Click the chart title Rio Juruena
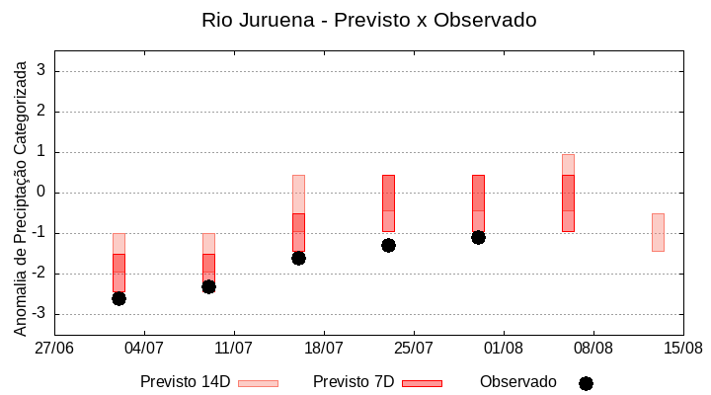coord(368,20)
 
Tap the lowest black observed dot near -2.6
coord(118,298)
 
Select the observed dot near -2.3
coord(208,286)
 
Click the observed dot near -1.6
coord(298,258)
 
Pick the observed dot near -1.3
coord(388,245)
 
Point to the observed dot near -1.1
coord(478,237)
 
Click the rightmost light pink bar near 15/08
coord(658,232)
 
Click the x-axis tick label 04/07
coord(144,348)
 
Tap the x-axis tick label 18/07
coord(324,348)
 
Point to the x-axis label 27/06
coord(54,348)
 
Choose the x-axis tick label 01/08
coord(504,348)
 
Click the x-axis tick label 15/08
coord(682,348)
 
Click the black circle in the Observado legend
coord(586,383)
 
